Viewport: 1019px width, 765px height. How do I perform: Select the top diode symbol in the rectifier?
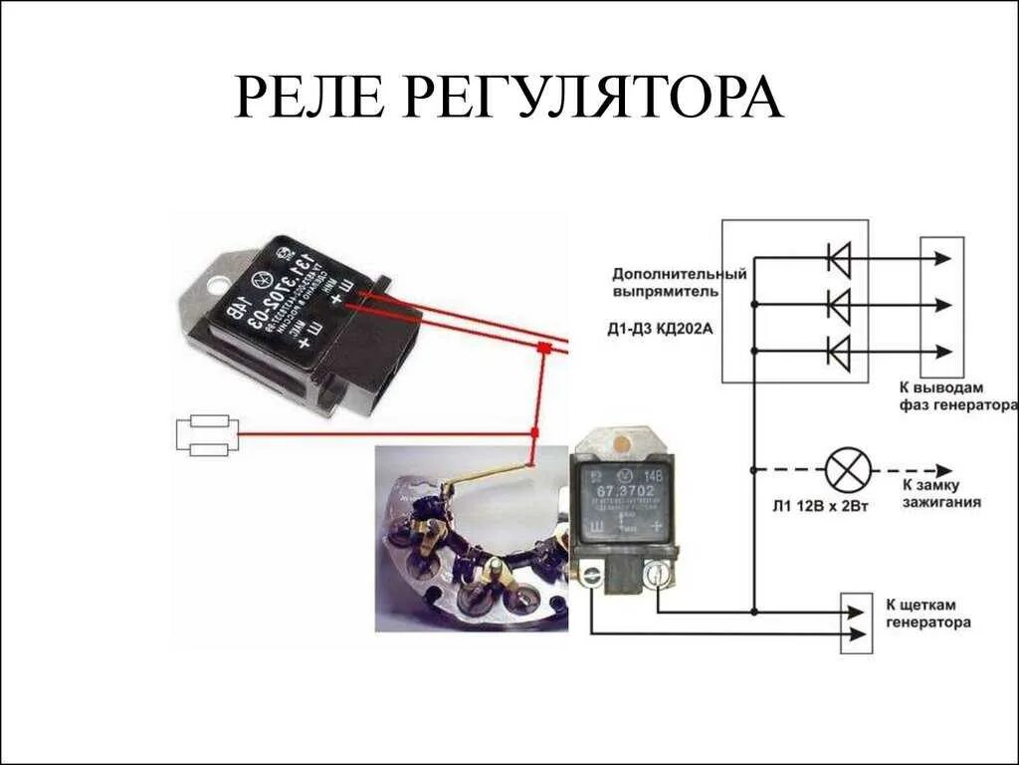pyautogui.click(x=839, y=259)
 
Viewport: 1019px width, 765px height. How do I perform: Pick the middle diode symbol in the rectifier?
pyautogui.click(x=839, y=305)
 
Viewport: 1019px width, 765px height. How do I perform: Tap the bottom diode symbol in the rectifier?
pyautogui.click(x=839, y=351)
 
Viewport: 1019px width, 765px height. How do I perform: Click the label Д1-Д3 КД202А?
pyautogui.click(x=659, y=328)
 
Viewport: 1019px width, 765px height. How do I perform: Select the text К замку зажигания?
pyautogui.click(x=941, y=493)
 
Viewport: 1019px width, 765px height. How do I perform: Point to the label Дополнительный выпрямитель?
pyautogui.click(x=679, y=282)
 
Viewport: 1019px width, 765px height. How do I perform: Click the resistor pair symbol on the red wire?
pyautogui.click(x=208, y=435)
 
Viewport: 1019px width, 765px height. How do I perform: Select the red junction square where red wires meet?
pyautogui.click(x=543, y=349)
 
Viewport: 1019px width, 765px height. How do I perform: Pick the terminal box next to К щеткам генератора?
pyautogui.click(x=856, y=624)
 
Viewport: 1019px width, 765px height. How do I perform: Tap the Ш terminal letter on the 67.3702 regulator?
pyautogui.click(x=596, y=526)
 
